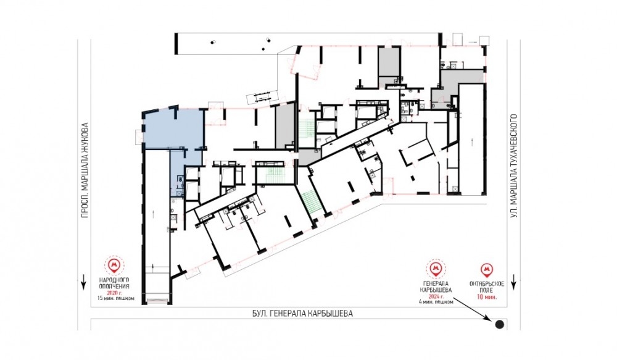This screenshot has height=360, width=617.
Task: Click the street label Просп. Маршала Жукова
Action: pos(84,171)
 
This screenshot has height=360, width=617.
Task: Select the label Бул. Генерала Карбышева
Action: pos(302,314)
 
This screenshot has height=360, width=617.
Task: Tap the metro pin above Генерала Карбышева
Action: pos(435,269)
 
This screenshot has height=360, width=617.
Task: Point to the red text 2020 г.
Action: pos(115,293)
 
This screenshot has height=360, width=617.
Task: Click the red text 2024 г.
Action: pos(436,296)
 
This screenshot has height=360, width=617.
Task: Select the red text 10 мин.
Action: pos(487,296)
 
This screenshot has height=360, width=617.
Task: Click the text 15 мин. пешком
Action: pos(116,298)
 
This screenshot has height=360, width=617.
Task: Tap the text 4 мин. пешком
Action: pos(437,302)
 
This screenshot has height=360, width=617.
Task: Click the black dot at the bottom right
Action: pos(499,325)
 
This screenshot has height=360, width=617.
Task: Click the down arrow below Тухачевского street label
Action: pos(513,283)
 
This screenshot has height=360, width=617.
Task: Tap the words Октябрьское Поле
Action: pos(487,287)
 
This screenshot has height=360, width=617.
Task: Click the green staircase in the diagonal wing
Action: pos(312,202)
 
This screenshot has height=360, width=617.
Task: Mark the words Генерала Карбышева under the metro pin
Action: pos(436,287)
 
